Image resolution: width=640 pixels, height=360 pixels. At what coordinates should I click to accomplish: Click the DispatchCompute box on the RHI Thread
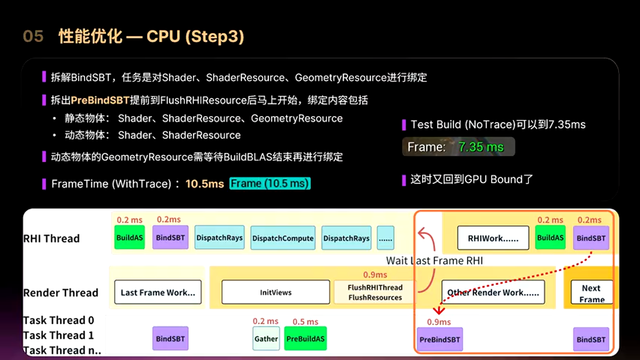click(x=283, y=238)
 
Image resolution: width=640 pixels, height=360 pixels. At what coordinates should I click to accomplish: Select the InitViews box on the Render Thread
click(x=275, y=292)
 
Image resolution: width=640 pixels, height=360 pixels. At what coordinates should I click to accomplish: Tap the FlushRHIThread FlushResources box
click(x=375, y=292)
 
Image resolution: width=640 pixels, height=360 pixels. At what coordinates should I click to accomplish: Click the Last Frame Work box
click(x=157, y=292)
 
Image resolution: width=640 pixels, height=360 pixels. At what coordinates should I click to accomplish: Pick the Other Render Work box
click(x=493, y=292)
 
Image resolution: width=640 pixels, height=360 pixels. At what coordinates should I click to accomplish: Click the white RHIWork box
click(x=493, y=238)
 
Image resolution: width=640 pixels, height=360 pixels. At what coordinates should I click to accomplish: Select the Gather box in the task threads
click(x=266, y=338)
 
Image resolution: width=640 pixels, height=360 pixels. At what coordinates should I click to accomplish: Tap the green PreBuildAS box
click(x=305, y=338)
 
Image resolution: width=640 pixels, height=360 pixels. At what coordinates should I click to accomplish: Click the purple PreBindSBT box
click(x=439, y=339)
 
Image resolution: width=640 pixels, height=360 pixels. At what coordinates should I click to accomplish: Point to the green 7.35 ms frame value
click(x=481, y=147)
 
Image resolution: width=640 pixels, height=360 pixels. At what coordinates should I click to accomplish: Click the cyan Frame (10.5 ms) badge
click(x=270, y=183)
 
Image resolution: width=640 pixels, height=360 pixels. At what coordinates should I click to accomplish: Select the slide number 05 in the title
click(x=33, y=36)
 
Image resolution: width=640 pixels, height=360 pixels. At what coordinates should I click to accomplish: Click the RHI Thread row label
click(x=51, y=238)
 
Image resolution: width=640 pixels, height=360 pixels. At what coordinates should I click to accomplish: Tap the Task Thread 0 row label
click(x=58, y=320)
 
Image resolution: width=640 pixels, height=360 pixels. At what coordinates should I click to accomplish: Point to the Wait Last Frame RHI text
click(x=434, y=260)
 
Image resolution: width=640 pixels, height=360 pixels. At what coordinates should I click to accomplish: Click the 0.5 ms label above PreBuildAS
click(x=305, y=321)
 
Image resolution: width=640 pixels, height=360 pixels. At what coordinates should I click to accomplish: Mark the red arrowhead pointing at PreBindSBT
click(x=439, y=310)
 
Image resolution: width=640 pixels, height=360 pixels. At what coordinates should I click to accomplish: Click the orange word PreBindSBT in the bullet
click(x=100, y=100)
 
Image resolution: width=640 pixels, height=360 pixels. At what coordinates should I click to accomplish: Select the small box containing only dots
click(x=385, y=238)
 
